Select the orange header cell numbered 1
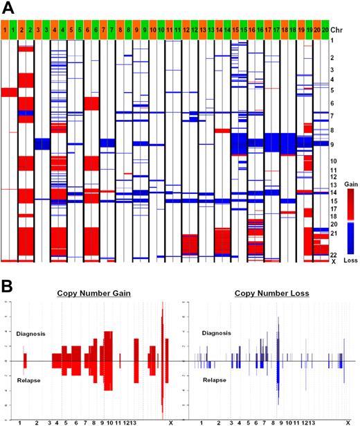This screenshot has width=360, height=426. pos(6,30)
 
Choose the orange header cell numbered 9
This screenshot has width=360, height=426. pos(136,30)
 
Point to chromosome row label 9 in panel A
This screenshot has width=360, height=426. pos(333,144)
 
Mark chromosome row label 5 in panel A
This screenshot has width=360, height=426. pos(333,91)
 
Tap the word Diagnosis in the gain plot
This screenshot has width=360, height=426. pos(31,333)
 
